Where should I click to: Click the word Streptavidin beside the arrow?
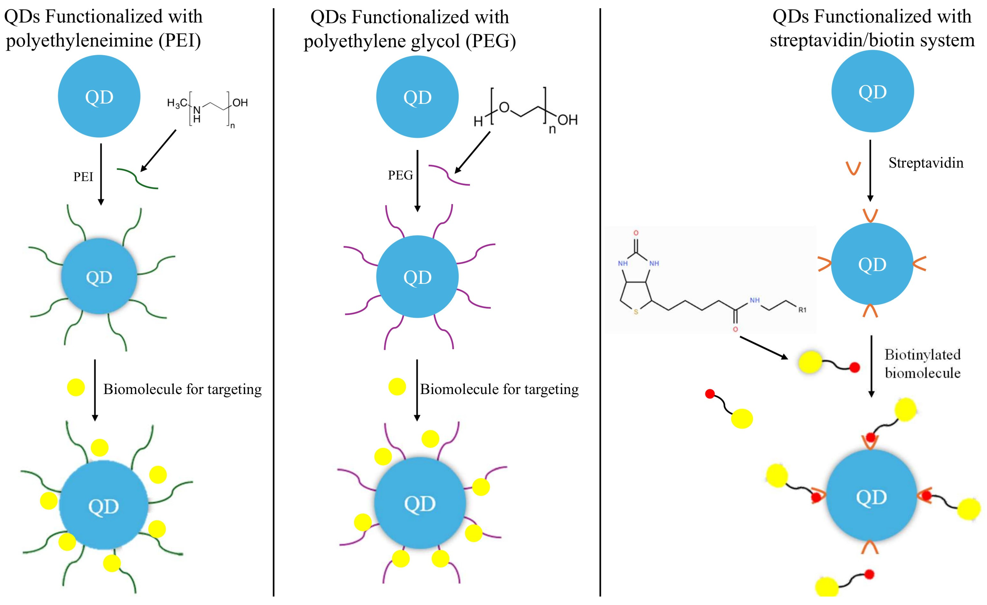[x=926, y=163]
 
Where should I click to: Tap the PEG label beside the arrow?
[x=400, y=175]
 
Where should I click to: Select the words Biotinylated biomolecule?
[x=922, y=364]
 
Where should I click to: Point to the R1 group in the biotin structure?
[x=802, y=310]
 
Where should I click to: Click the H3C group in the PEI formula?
[x=177, y=103]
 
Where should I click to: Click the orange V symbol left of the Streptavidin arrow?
[x=853, y=168]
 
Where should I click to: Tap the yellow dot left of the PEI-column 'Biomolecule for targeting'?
[x=76, y=387]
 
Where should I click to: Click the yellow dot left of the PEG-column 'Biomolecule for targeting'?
[x=397, y=387]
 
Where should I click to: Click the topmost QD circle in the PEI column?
[x=99, y=97]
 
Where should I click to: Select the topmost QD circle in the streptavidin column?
[x=872, y=91]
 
